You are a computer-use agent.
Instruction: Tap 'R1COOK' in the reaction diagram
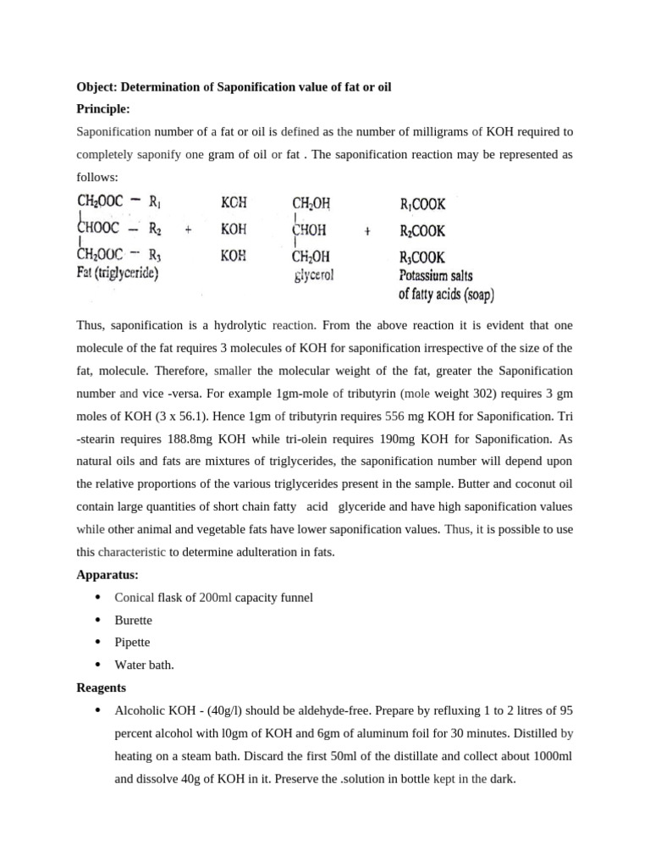click(421, 204)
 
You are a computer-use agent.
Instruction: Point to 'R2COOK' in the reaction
click(421, 230)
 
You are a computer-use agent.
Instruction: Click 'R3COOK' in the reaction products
click(421, 257)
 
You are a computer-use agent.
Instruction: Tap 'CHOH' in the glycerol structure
click(311, 230)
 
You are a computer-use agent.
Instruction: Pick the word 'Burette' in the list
click(134, 620)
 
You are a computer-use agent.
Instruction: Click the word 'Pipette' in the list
click(133, 642)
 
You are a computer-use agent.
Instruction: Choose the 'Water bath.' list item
click(145, 665)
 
